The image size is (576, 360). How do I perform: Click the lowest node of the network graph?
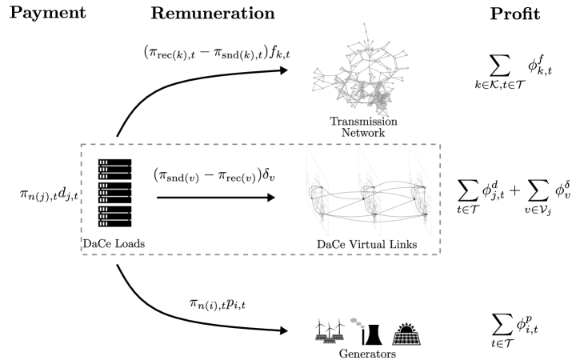tap(388, 117)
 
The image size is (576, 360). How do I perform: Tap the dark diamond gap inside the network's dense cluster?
tap(369, 90)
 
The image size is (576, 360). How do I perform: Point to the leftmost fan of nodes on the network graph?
tap(315, 79)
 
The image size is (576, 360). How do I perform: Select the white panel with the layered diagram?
tap(369, 191)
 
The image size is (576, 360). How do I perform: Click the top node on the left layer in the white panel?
tap(321, 188)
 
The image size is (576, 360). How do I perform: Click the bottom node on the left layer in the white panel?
tap(322, 214)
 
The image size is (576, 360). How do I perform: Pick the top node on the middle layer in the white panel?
tap(372, 188)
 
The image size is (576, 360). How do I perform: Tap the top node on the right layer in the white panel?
tap(423, 188)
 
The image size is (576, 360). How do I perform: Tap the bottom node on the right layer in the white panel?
tap(425, 214)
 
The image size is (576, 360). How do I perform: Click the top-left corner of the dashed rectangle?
tap(82, 145)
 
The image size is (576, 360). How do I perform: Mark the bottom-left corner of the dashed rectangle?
tap(82, 254)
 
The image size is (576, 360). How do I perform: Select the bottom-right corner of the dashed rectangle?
tap(440, 254)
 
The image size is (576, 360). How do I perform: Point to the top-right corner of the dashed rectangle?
tap(440, 145)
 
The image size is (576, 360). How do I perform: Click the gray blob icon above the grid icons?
tap(357, 322)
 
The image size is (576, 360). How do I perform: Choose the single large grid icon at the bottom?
tap(406, 338)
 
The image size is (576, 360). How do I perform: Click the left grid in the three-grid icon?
tap(322, 337)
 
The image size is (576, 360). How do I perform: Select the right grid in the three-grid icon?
tap(338, 337)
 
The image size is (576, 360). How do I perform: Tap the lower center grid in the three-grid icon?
tap(330, 342)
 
